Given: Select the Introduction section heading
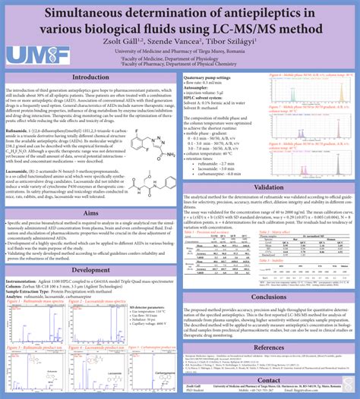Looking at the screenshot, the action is click(90, 78).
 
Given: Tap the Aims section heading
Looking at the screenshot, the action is click(90, 193).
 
